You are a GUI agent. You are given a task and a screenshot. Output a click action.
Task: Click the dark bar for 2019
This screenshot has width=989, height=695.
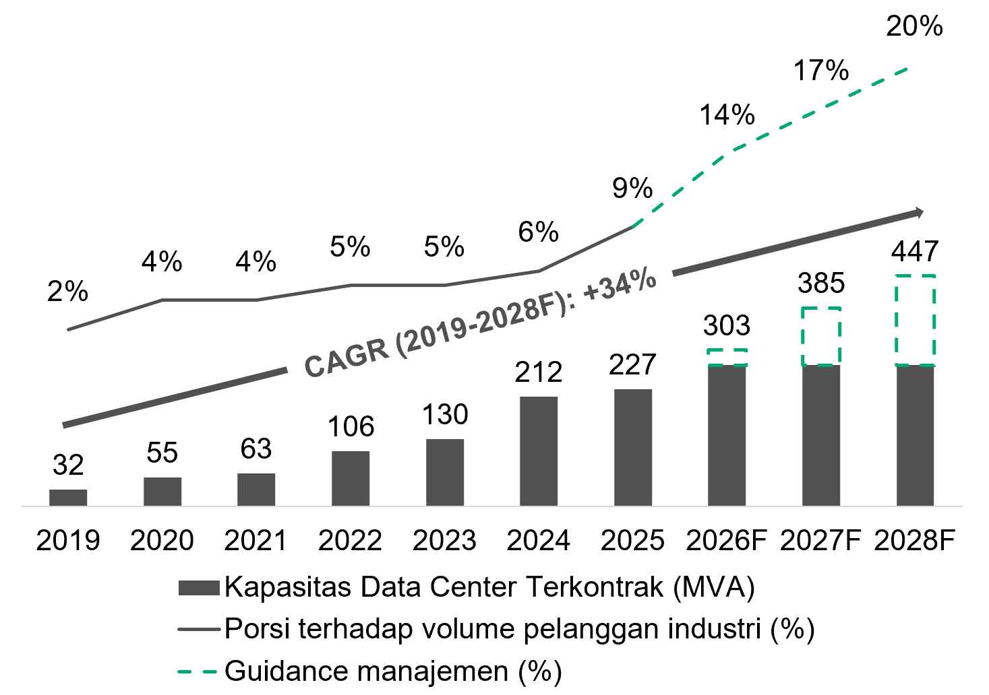tap(68, 498)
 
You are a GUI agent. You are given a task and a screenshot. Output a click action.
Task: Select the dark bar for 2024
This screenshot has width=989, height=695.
tap(539, 451)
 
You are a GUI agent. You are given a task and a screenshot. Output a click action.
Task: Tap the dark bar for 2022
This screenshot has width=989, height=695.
tap(351, 478)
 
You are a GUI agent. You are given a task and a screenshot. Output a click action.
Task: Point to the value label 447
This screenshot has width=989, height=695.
tap(914, 251)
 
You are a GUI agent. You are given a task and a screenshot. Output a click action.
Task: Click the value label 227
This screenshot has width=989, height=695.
tap(632, 365)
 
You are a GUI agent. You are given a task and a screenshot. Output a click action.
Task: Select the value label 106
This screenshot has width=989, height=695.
tap(351, 426)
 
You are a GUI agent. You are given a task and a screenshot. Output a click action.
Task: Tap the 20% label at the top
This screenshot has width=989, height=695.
tap(914, 26)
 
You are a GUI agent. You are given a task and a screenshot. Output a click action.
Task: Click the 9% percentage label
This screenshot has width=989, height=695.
tap(632, 188)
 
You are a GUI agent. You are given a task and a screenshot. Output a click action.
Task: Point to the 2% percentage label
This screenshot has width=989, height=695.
tap(68, 291)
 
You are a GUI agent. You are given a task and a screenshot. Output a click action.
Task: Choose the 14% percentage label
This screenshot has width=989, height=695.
tap(727, 114)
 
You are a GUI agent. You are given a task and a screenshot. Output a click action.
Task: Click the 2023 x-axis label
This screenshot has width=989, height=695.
tap(444, 540)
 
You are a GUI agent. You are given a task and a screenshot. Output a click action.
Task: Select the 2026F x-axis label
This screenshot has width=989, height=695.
tap(726, 540)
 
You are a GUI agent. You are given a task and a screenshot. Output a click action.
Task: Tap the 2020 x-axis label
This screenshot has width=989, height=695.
tap(162, 540)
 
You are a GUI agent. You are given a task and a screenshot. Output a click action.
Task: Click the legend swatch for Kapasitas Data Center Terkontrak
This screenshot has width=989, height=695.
tap(199, 588)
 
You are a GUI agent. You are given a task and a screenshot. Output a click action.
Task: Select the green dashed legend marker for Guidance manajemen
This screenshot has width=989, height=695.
tap(198, 672)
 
